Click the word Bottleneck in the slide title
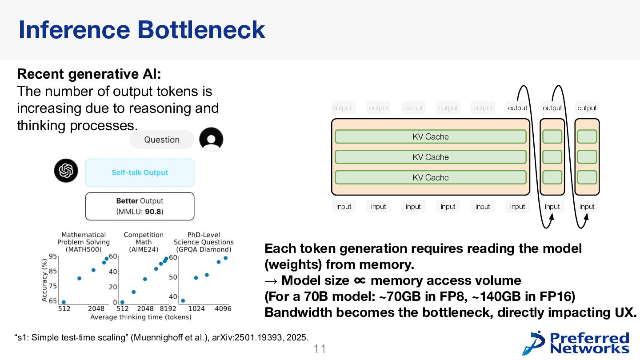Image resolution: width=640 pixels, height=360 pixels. pyautogui.click(x=201, y=30)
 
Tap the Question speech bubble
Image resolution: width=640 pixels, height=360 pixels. pyautogui.click(x=162, y=140)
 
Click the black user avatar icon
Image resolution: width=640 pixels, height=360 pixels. pyautogui.click(x=211, y=139)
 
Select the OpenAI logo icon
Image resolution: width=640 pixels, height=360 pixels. pyautogui.click(x=66, y=171)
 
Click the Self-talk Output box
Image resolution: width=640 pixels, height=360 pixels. pyautogui.click(x=140, y=172)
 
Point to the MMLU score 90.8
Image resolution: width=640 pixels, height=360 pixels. pyautogui.click(x=153, y=212)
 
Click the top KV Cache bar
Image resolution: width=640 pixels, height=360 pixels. pyautogui.click(x=431, y=136)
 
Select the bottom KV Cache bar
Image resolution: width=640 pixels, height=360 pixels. pyautogui.click(x=431, y=177)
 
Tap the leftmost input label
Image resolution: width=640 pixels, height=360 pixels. pyautogui.click(x=344, y=207)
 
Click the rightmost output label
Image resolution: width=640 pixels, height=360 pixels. pyautogui.click(x=587, y=108)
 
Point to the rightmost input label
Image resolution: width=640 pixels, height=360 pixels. pyautogui.click(x=587, y=207)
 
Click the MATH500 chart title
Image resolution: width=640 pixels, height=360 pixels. pyautogui.click(x=84, y=242)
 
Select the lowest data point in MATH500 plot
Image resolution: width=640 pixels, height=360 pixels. pyautogui.click(x=64, y=302)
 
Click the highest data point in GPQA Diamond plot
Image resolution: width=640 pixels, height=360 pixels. pyautogui.click(x=225, y=258)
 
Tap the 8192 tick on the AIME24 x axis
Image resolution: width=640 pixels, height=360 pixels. pyautogui.click(x=168, y=308)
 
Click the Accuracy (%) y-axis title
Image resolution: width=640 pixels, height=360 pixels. pyautogui.click(x=44, y=280)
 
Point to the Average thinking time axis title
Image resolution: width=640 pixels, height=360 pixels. pyautogui.click(x=141, y=317)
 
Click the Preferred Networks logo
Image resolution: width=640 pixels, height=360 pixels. pyautogui.click(x=576, y=343)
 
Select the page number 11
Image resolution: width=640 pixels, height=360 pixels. pyautogui.click(x=320, y=349)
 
